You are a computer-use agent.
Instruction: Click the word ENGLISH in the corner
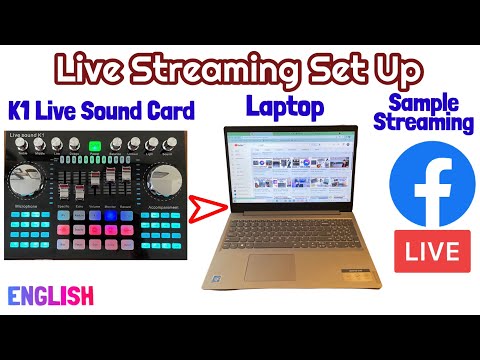[x=51, y=296]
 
